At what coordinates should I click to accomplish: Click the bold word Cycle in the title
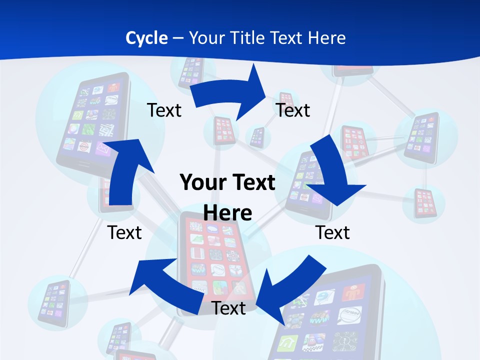click(x=146, y=38)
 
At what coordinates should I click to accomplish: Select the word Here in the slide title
click(x=327, y=38)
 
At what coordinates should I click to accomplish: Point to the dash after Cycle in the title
click(x=178, y=38)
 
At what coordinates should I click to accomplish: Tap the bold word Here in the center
click(x=227, y=213)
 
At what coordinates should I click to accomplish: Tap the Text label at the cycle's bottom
click(x=228, y=308)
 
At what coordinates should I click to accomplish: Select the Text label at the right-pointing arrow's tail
click(x=164, y=110)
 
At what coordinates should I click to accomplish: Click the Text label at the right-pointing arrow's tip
click(x=293, y=110)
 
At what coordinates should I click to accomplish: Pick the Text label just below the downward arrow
click(x=332, y=232)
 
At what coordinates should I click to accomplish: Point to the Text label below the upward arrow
click(x=124, y=232)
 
